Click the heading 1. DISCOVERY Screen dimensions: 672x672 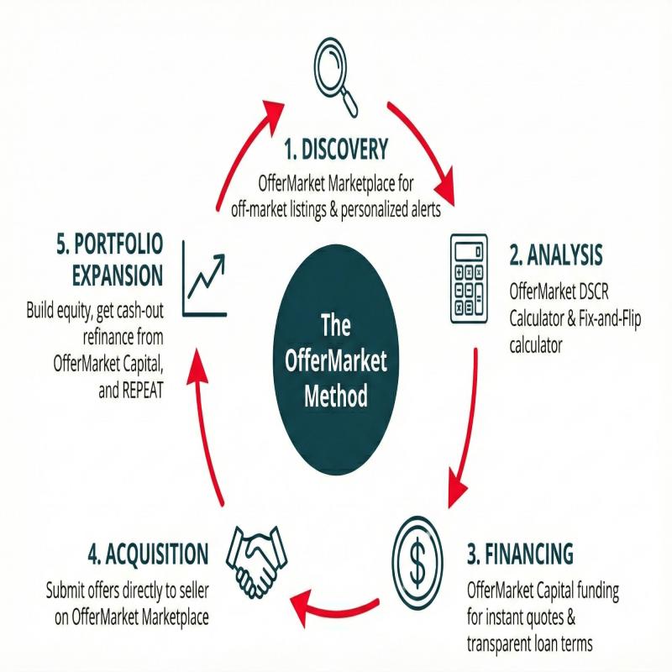336,150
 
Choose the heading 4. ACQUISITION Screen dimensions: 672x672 147,554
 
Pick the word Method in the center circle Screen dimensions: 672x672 336,395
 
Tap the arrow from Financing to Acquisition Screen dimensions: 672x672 336,601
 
